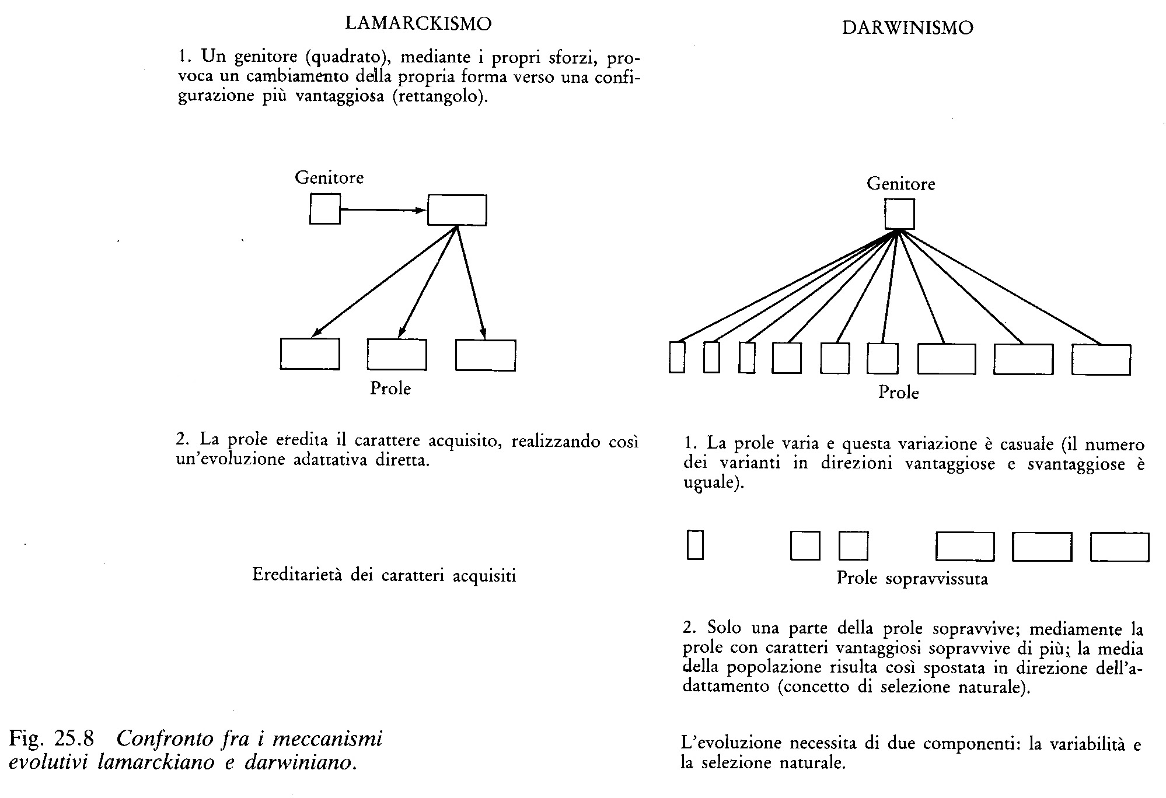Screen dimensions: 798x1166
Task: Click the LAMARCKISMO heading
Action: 418,23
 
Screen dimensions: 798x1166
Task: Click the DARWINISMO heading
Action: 907,28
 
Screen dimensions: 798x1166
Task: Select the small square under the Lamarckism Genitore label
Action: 324,209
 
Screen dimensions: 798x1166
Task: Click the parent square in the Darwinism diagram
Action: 899,214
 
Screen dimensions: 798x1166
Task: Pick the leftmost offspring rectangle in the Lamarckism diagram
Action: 310,353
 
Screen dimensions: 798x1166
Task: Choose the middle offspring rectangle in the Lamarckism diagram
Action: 397,354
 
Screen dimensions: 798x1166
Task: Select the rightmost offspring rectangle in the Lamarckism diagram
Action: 485,355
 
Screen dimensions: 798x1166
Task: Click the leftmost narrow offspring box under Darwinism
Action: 676,356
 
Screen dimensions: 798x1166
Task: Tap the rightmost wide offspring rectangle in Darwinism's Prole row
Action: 1101,359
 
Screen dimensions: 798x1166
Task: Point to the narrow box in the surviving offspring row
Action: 695,545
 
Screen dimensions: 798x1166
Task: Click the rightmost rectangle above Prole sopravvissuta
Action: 1119,547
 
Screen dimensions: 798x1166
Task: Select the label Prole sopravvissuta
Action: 912,578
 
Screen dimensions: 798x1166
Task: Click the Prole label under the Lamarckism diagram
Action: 390,388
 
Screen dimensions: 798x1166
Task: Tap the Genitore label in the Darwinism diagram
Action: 900,184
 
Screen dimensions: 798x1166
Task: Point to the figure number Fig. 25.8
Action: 51,738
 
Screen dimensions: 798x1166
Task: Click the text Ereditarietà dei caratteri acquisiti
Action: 384,576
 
